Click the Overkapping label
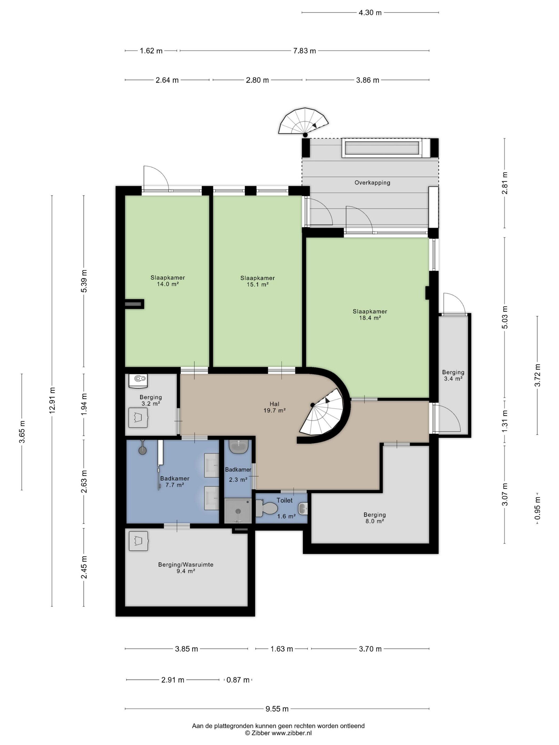pyautogui.click(x=372, y=183)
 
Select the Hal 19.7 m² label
pyautogui.click(x=275, y=407)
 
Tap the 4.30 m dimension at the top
pyautogui.click(x=370, y=13)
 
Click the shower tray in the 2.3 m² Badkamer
pyautogui.click(x=238, y=511)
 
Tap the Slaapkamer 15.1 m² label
pyautogui.click(x=257, y=281)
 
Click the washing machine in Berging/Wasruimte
pyautogui.click(x=138, y=541)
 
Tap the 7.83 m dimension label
pyautogui.click(x=304, y=51)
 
